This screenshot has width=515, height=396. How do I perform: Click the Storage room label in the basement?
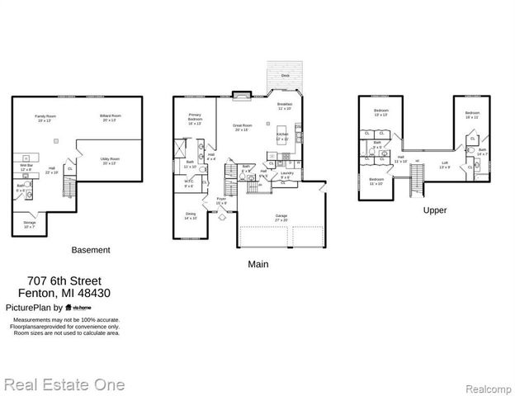(x=30, y=224)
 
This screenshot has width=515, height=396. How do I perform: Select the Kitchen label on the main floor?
(x=282, y=135)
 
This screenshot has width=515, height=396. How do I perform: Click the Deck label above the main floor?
(x=285, y=74)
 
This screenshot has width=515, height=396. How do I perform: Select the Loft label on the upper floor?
(x=444, y=164)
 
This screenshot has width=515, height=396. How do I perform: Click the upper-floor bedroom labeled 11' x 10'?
(x=376, y=181)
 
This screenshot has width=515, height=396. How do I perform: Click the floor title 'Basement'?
(x=91, y=250)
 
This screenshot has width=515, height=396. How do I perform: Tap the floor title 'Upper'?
(x=435, y=210)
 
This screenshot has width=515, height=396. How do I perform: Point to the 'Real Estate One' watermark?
(x=64, y=385)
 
